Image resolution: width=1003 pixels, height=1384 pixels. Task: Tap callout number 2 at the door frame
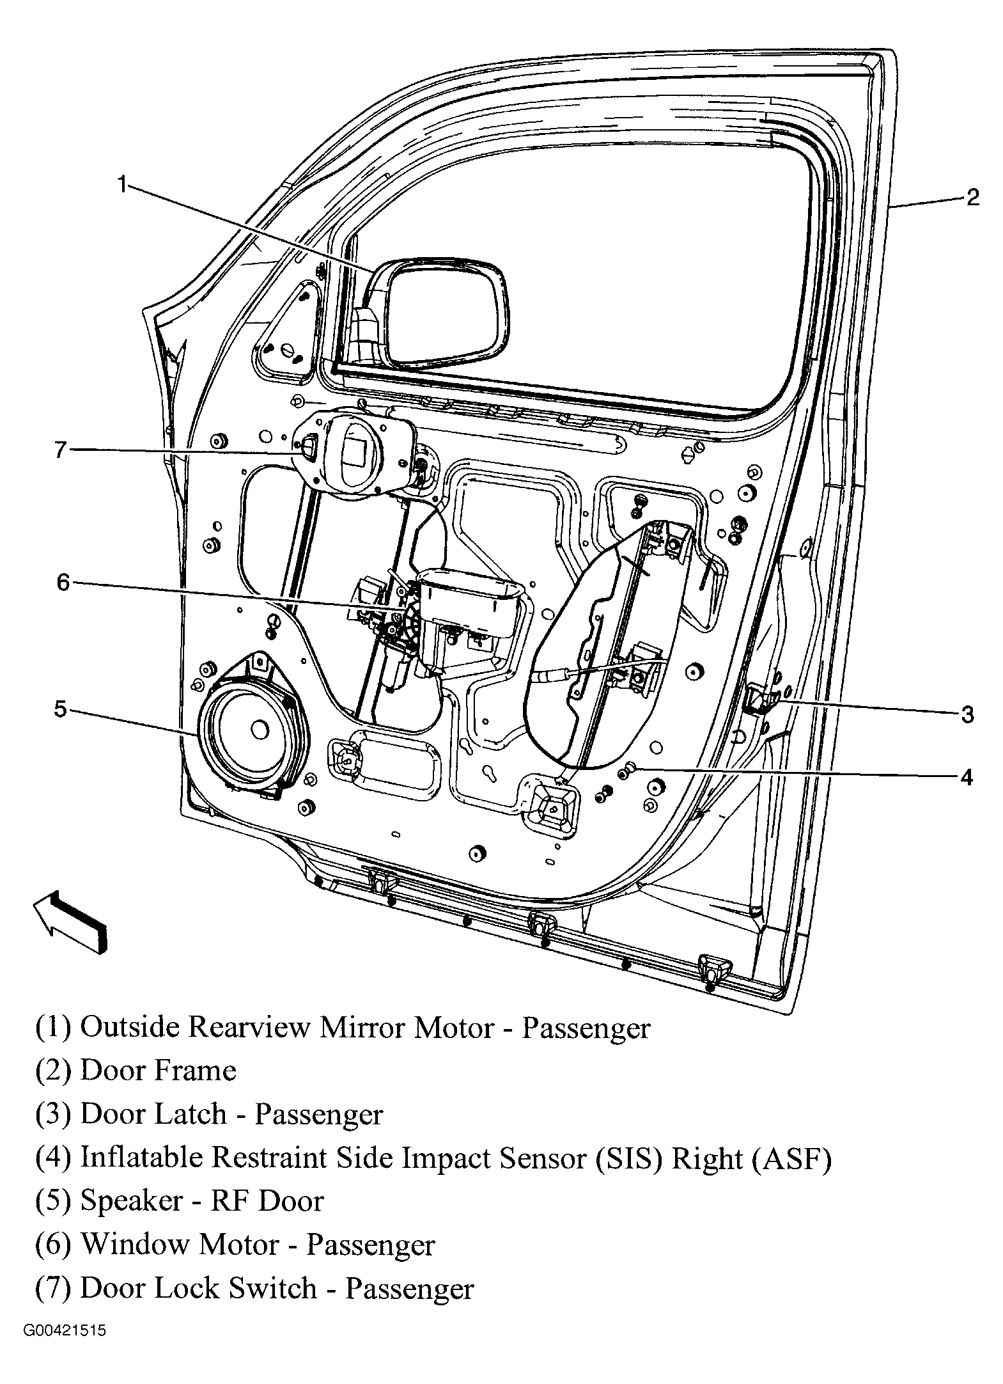click(972, 197)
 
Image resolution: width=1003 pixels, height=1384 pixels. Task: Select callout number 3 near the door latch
click(967, 714)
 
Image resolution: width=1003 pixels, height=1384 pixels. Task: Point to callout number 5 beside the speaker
click(60, 709)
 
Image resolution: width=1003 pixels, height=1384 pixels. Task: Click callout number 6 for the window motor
click(63, 582)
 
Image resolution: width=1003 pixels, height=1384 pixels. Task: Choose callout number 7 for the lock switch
click(60, 450)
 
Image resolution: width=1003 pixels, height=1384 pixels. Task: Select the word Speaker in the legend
click(132, 1201)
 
